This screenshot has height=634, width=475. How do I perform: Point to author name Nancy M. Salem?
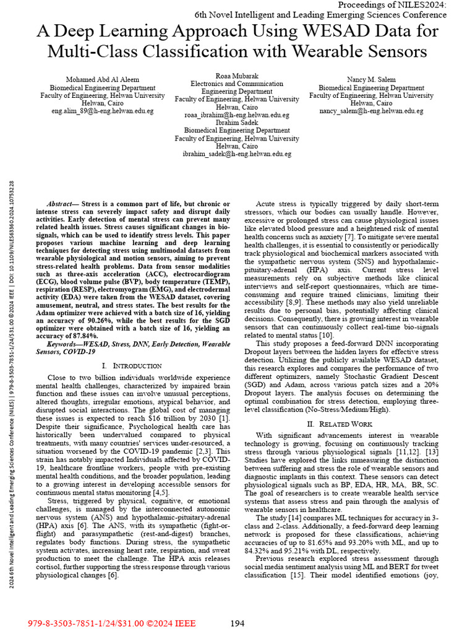point(371,80)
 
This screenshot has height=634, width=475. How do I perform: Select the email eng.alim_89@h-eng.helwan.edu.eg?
point(102,111)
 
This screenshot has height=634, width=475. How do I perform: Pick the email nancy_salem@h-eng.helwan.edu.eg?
point(371,111)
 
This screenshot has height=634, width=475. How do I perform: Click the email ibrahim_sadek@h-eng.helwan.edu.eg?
point(237,154)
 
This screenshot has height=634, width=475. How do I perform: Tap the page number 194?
point(238,623)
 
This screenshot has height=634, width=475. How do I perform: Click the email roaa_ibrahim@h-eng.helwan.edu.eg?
point(237,115)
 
